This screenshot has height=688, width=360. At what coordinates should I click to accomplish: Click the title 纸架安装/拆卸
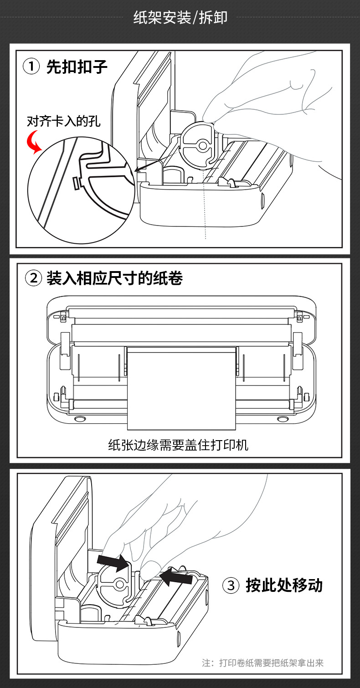pos(180,18)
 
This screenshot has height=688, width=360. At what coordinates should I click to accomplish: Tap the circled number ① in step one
pos(31,67)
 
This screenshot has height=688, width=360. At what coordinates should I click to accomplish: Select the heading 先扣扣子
pos(77,67)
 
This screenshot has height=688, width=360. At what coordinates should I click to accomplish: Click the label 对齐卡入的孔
pos(64,121)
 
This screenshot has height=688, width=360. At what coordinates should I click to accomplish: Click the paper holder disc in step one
pos(197,145)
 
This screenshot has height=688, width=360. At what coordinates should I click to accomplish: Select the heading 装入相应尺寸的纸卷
pos(114,278)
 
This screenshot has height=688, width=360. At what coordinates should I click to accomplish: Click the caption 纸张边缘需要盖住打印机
pos(178,445)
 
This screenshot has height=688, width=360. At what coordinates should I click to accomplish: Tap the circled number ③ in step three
pos(231,585)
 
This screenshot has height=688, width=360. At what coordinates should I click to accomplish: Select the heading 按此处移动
pos(284,585)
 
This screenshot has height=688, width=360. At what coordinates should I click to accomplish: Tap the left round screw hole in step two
pos(78,418)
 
